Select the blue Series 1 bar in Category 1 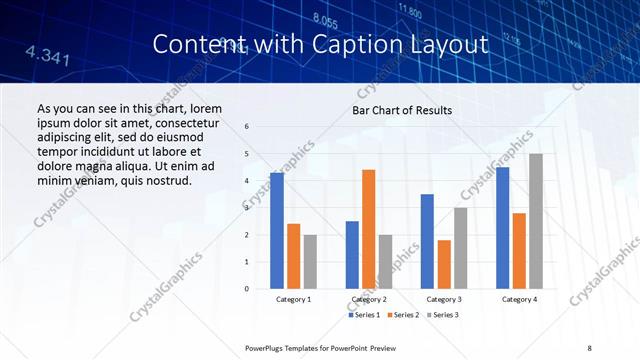(277, 230)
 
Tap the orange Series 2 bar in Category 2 (368, 229)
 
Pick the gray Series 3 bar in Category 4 (536, 221)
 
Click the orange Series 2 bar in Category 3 (444, 264)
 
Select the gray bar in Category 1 (310, 261)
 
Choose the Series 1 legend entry (365, 315)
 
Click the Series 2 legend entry (403, 315)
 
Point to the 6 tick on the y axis (247, 127)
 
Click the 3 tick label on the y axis (247, 208)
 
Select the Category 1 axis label (293, 299)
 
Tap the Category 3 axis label (444, 299)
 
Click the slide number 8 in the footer (590, 347)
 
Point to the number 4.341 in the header (47, 55)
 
